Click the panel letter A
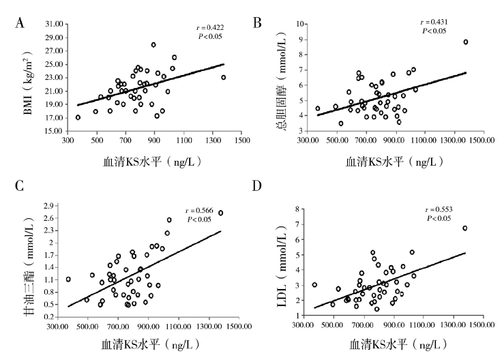[x=21, y=23]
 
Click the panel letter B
[x=257, y=23]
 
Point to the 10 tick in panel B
[x=299, y=24]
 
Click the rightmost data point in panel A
[x=223, y=77]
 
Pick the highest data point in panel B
[x=466, y=42]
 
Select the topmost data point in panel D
[x=465, y=228]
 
